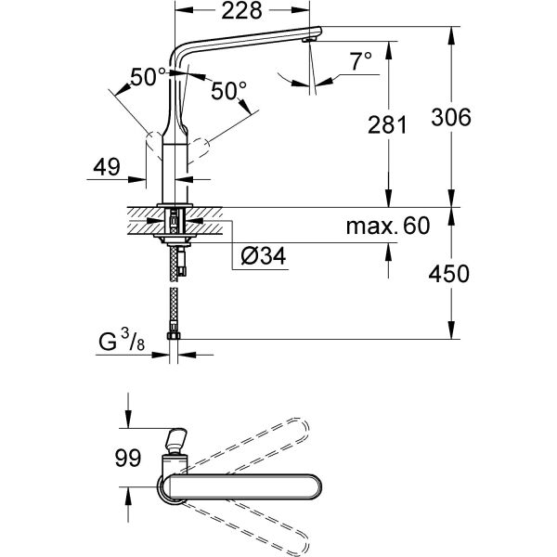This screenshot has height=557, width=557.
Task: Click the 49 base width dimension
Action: [x=108, y=168]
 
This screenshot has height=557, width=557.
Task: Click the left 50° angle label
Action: [x=149, y=79]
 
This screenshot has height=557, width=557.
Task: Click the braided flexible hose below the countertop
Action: [x=175, y=292]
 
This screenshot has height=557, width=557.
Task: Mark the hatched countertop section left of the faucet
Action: [x=139, y=221]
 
